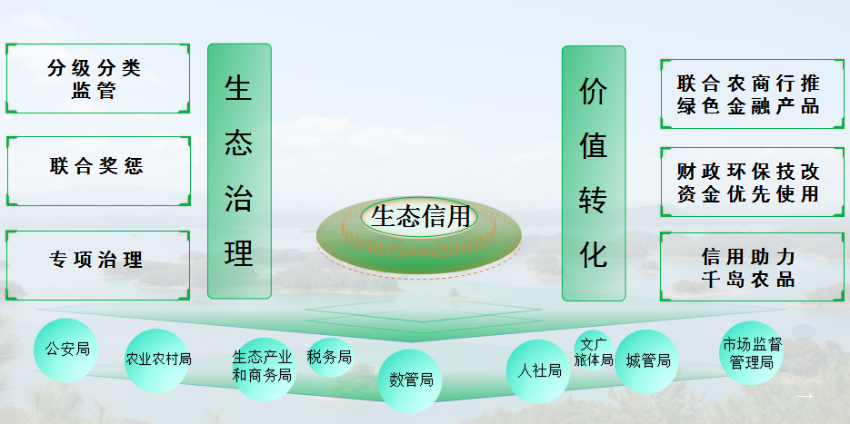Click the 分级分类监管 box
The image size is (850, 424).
coord(97,79)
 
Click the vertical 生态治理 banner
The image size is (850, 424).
coord(239,171)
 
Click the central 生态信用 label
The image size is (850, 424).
coord(420,216)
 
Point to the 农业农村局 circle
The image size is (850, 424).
coord(157,360)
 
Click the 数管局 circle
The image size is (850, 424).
coord(410,380)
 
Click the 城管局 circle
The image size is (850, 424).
coord(647,361)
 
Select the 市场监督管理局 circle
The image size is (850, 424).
coord(753,353)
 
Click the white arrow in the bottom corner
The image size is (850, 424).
coord(804,397)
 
